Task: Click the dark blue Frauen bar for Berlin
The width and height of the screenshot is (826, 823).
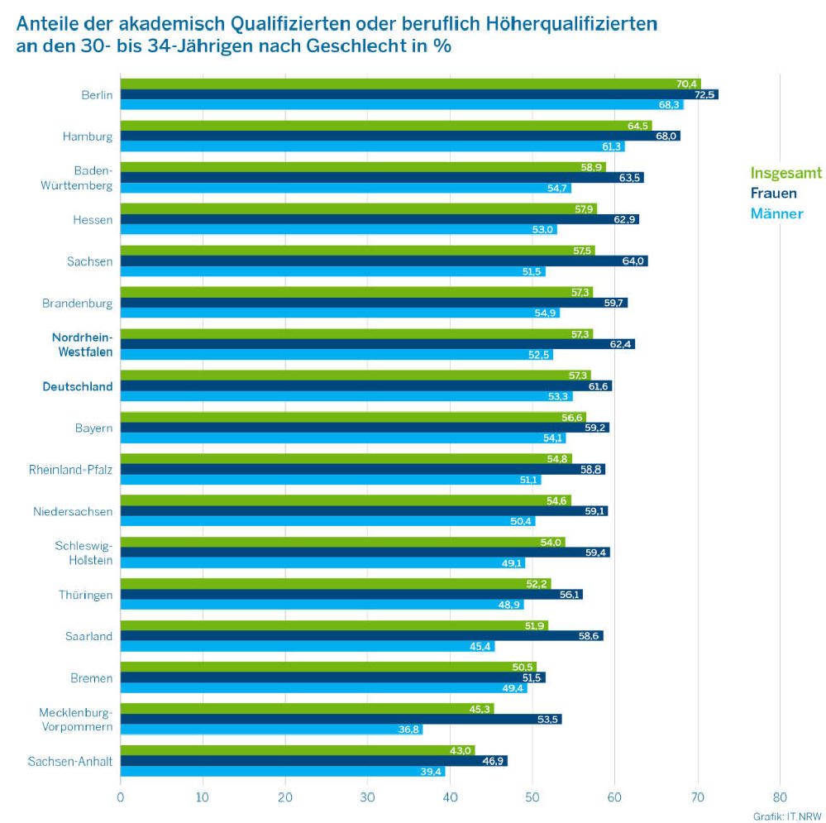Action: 413,94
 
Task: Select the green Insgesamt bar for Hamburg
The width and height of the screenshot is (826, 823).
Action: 380,126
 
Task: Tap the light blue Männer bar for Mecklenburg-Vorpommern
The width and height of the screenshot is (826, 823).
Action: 265,730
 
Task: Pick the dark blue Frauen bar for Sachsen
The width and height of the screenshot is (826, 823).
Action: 380,261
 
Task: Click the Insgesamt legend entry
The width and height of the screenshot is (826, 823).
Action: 785,173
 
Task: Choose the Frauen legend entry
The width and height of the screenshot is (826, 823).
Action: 773,194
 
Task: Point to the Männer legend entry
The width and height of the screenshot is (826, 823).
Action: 776,214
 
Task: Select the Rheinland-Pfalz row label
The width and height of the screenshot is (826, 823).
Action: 70,470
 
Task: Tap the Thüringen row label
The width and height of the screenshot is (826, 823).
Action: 85,595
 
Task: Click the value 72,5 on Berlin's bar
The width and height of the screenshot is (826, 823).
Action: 704,94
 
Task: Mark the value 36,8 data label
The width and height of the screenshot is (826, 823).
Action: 410,730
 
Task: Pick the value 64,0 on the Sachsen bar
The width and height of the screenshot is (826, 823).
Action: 633,261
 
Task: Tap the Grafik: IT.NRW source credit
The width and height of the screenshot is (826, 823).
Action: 781,816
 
